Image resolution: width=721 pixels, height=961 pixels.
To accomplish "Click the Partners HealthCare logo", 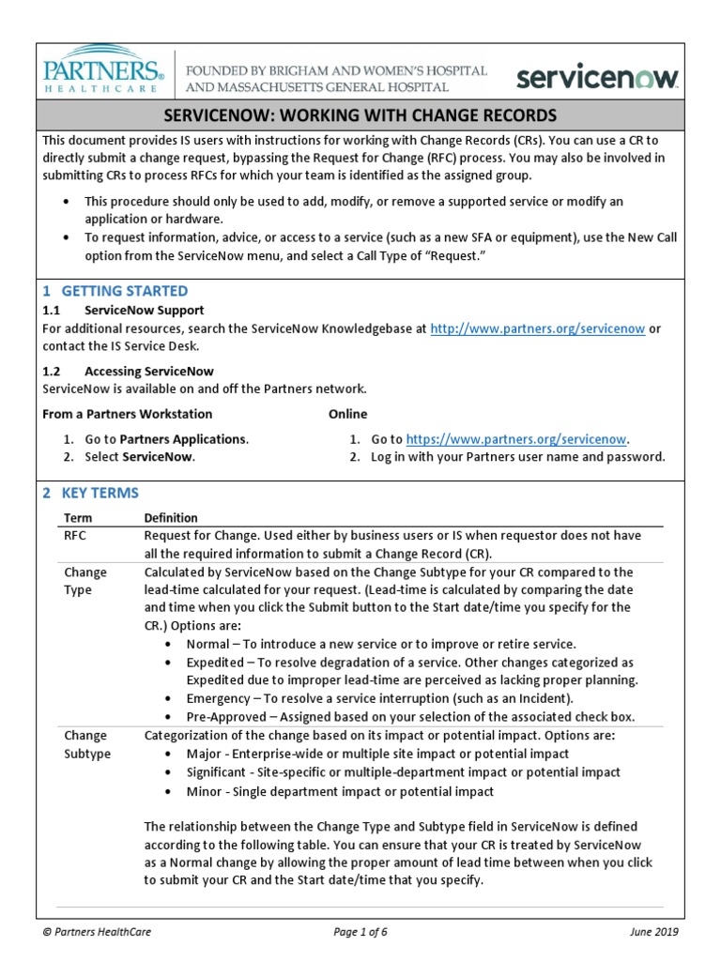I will [104, 71].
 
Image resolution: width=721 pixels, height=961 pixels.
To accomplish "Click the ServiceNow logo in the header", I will [597, 76].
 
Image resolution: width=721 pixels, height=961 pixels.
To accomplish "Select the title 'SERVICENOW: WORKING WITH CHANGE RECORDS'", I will [360, 115].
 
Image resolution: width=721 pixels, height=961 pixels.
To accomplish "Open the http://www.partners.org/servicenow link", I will [537, 328].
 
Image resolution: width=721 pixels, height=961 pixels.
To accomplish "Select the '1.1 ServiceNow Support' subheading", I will [123, 310].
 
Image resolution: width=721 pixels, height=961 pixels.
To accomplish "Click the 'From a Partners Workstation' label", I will [128, 414].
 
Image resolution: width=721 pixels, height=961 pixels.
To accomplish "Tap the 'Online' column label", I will [347, 414].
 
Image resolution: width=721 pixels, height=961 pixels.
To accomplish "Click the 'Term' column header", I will [78, 518].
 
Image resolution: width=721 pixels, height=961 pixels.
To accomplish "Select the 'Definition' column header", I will [171, 518].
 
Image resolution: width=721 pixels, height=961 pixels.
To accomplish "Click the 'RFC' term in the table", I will [75, 536].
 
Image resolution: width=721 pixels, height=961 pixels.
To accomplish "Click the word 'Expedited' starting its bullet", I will [216, 663].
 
